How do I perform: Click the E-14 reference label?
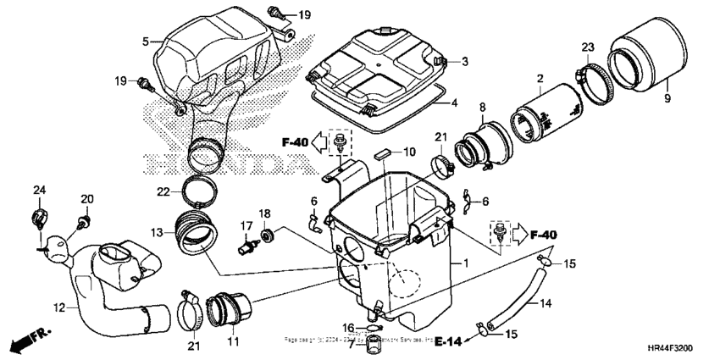click(451, 343)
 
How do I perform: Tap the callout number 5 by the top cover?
click(146, 40)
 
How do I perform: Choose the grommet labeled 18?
click(268, 233)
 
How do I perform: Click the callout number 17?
click(246, 224)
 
